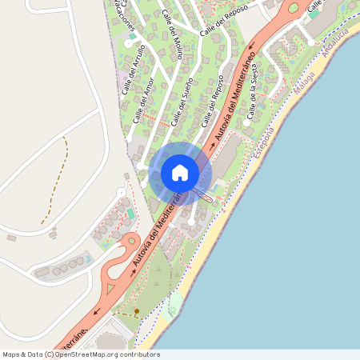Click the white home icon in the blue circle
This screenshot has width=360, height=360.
click(x=180, y=172)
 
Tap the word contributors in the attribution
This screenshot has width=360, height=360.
click(x=138, y=354)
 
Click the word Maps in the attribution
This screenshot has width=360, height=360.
click(x=12, y=354)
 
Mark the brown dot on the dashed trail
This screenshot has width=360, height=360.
click(x=136, y=310)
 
